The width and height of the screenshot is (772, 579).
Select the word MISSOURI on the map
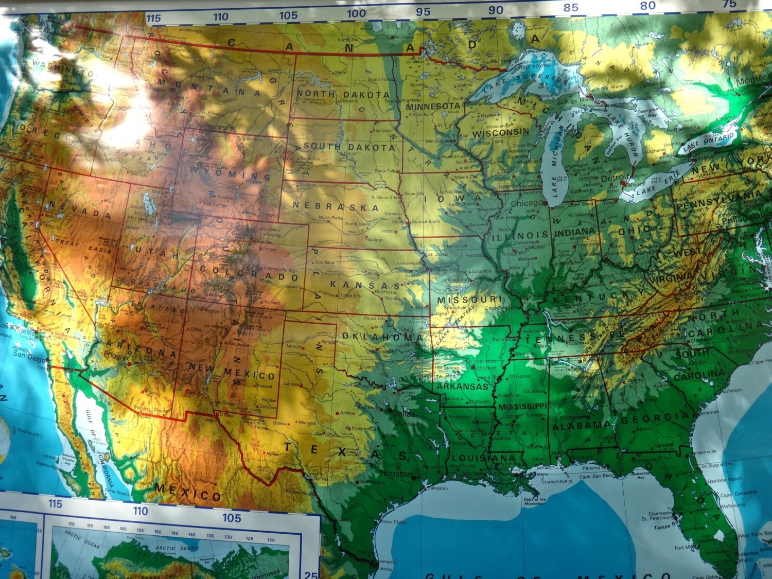[x=469, y=299]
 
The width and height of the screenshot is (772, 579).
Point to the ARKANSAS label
[x=462, y=386]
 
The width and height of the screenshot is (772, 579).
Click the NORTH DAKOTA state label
[x=343, y=94]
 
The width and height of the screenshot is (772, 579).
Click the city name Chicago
[x=527, y=204]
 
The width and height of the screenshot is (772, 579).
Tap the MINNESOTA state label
[x=432, y=106]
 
